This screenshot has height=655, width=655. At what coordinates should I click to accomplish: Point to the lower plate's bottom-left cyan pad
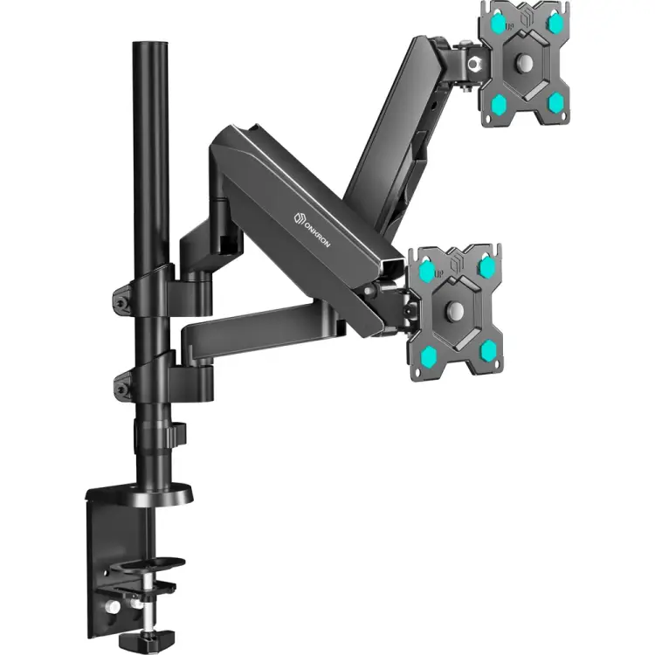[430, 354]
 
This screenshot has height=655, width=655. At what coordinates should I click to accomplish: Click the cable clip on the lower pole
[177, 434]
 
